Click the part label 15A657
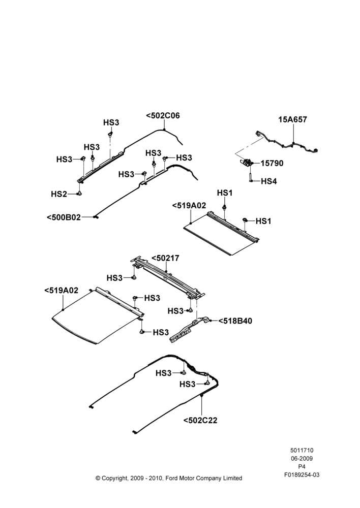tap(292, 119)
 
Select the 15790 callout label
tap(272, 163)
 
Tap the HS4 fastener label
tap(269, 181)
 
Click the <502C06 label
tap(163, 116)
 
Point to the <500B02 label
tap(64, 217)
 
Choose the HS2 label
tap(59, 194)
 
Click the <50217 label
tap(165, 259)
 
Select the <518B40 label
tap(235, 321)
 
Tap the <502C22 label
tap(200, 421)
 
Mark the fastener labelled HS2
tap(79, 194)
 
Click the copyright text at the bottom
tap(169, 478)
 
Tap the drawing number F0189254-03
tap(302, 475)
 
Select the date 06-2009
tap(302, 458)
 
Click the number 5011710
tap(302, 450)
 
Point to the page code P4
tap(302, 467)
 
